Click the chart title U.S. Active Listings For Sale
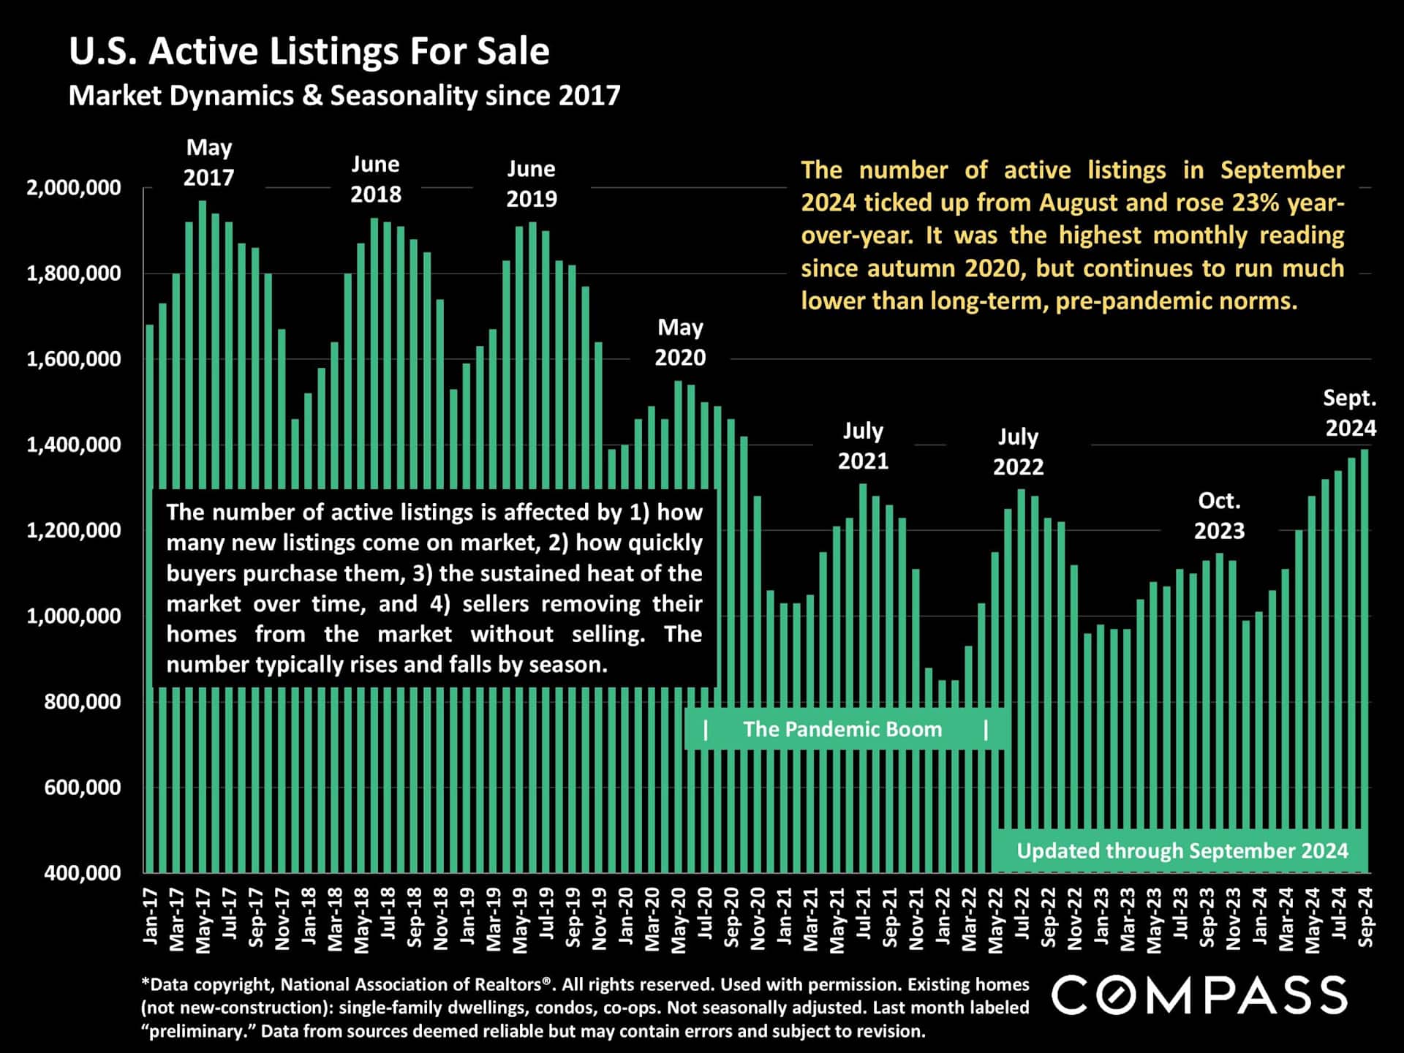click(x=309, y=52)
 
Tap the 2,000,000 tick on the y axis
click(x=74, y=188)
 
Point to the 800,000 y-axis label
click(x=83, y=702)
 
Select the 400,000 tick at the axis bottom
click(x=83, y=873)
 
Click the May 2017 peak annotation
click(x=209, y=162)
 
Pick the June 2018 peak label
click(x=376, y=179)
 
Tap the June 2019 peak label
click(x=532, y=184)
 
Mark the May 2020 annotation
click(x=680, y=342)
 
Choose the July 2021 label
click(x=863, y=445)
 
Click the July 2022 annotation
click(x=1018, y=451)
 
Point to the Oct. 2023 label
click(x=1219, y=516)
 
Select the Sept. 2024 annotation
click(x=1350, y=413)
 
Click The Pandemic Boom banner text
click(x=842, y=729)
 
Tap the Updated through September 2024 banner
click(x=1182, y=851)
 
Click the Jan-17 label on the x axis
click(x=151, y=916)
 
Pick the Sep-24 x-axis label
click(x=1365, y=917)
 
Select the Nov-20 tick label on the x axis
click(x=758, y=918)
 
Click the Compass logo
click(x=1199, y=995)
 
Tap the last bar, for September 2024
click(x=1365, y=658)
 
